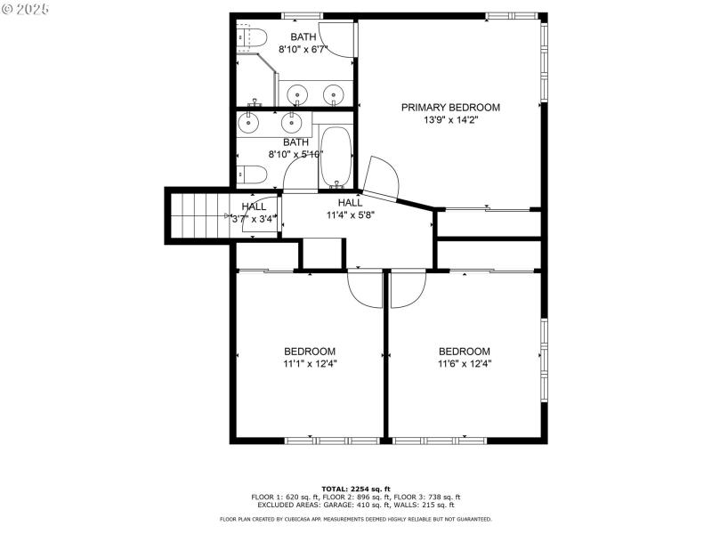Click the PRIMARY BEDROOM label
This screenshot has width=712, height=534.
(x=449, y=108)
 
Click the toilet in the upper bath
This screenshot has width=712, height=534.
(x=253, y=37)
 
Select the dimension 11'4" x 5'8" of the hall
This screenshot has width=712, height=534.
(x=350, y=215)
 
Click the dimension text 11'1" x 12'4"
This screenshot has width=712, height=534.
(x=310, y=363)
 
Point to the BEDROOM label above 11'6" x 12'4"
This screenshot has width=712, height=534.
(x=464, y=351)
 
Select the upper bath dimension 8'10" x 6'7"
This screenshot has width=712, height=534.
(x=303, y=50)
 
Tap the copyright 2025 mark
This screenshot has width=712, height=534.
(x=26, y=8)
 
